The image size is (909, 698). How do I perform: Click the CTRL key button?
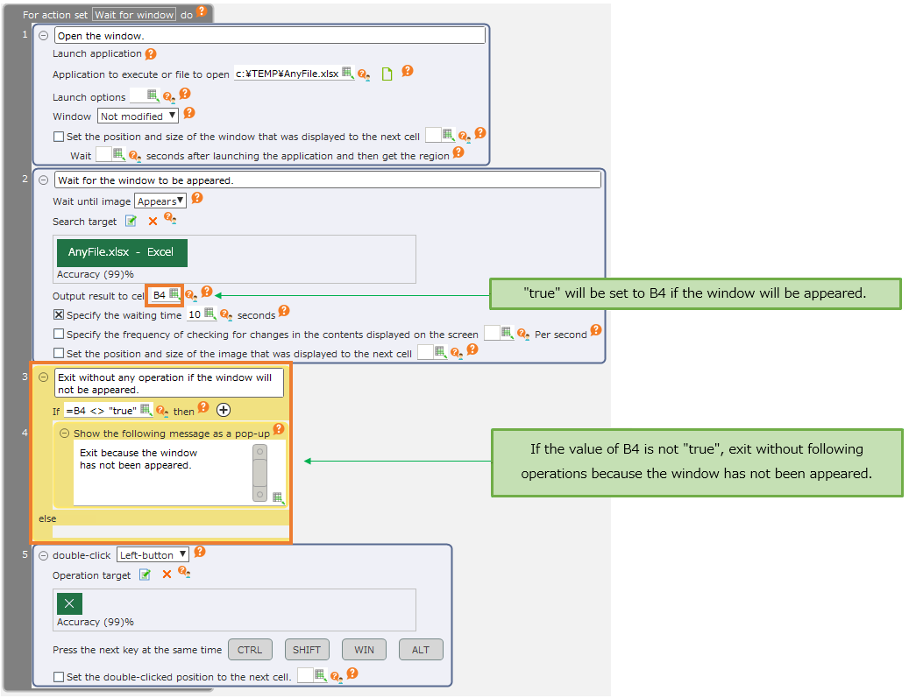click(249, 649)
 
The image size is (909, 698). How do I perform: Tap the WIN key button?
click(364, 649)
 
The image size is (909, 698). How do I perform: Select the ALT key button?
click(421, 649)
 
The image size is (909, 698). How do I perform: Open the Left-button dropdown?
click(153, 555)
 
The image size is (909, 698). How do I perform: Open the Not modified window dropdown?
click(138, 116)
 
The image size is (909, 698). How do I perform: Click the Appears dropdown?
click(160, 201)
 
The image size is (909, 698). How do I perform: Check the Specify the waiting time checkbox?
click(59, 314)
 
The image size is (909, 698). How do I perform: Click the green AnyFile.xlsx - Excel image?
click(122, 252)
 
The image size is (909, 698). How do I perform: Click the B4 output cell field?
click(165, 295)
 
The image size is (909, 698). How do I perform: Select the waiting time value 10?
click(195, 314)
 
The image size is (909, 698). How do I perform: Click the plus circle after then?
click(224, 410)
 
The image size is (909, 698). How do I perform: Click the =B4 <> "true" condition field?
click(102, 411)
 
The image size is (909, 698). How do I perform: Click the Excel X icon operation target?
click(69, 603)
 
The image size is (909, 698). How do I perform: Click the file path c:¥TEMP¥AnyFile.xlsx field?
click(288, 74)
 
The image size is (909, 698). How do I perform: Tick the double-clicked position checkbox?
click(59, 677)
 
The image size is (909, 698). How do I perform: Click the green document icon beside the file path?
click(387, 74)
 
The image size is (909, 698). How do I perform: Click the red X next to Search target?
click(153, 222)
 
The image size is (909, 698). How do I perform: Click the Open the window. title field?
click(270, 35)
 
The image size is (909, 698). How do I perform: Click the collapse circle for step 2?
click(44, 180)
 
